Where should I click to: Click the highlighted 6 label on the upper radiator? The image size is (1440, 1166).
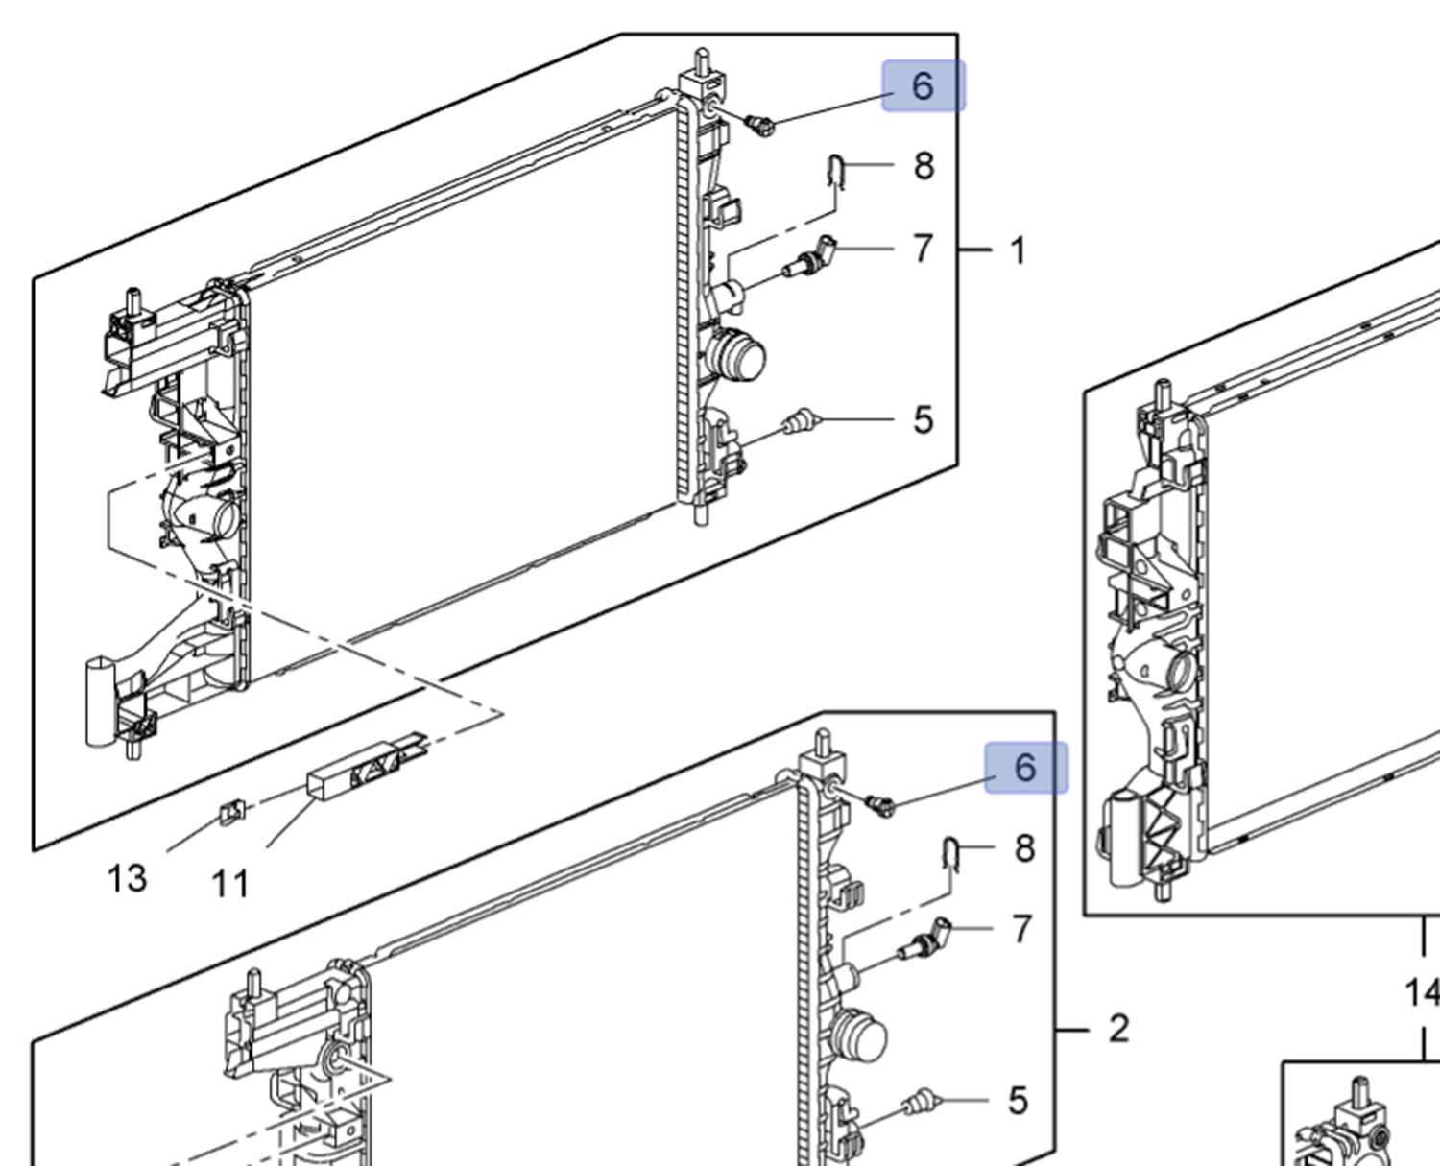(x=924, y=86)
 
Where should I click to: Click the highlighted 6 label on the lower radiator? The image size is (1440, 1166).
(x=1025, y=768)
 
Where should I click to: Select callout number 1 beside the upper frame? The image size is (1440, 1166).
(x=1018, y=250)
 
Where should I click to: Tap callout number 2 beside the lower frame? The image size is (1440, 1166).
(x=1118, y=1029)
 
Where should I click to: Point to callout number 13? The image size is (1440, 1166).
(x=127, y=878)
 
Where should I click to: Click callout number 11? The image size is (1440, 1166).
(x=230, y=884)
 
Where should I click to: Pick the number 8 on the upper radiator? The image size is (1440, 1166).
(x=924, y=166)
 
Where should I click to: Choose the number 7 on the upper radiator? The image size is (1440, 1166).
(x=923, y=249)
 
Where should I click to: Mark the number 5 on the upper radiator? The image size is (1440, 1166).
(x=923, y=420)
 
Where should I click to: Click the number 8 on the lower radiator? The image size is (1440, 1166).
(x=1025, y=848)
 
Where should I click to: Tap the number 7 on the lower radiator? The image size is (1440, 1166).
(x=1022, y=929)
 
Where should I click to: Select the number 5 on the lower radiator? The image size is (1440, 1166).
(x=1019, y=1101)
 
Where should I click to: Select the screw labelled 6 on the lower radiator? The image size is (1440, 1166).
(x=879, y=804)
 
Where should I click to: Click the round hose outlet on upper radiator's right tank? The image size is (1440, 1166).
(x=740, y=357)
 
